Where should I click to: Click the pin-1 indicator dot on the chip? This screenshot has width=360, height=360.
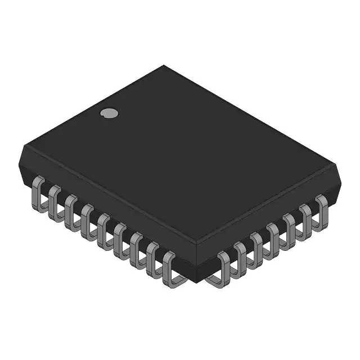(x=110, y=112)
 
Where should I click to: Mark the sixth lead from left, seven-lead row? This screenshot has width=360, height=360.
(x=305, y=217)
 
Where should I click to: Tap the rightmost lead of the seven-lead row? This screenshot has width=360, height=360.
(x=321, y=207)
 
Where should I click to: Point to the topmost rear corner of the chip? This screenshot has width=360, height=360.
(x=164, y=66)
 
